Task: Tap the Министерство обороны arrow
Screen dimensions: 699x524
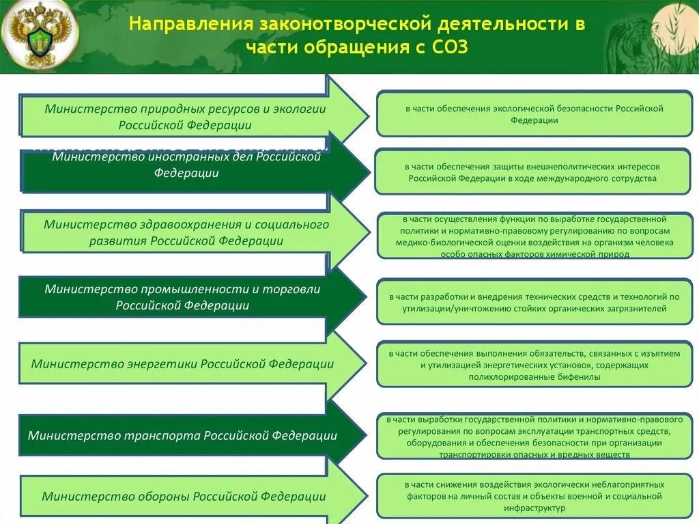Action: tap(184, 497)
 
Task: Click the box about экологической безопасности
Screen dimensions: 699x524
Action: tap(534, 114)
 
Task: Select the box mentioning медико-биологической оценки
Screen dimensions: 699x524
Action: tap(534, 236)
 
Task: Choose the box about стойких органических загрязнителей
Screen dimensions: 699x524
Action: tap(534, 303)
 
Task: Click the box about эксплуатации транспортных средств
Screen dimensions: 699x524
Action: tap(534, 437)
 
